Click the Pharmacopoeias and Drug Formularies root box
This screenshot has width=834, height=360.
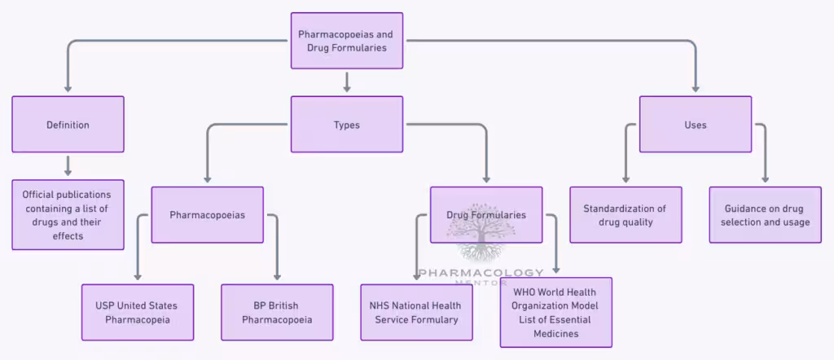pyautogui.click(x=347, y=40)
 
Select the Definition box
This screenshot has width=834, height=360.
pyautogui.click(x=68, y=125)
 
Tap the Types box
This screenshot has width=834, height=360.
pyautogui.click(x=347, y=125)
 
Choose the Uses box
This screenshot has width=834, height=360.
pyautogui.click(x=696, y=125)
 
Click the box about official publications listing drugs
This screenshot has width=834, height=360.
pyautogui.click(x=68, y=215)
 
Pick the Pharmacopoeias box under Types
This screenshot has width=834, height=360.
pyautogui.click(x=208, y=215)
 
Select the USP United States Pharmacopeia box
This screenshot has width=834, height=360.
pyautogui.click(x=138, y=312)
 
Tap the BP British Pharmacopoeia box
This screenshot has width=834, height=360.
pyautogui.click(x=277, y=312)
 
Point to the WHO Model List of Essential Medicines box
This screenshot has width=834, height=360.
pyautogui.click(x=556, y=312)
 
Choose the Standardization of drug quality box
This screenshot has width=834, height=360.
pyautogui.click(x=625, y=215)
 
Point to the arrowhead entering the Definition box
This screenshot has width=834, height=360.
pyautogui.click(x=68, y=88)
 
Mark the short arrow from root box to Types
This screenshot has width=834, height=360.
pyautogui.click(x=347, y=81)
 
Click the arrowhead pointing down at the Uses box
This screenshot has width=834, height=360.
pyautogui.click(x=696, y=88)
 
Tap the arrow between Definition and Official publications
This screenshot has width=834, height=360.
pyautogui.click(x=68, y=165)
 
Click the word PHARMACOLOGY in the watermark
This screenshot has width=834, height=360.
pyautogui.click(x=481, y=273)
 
